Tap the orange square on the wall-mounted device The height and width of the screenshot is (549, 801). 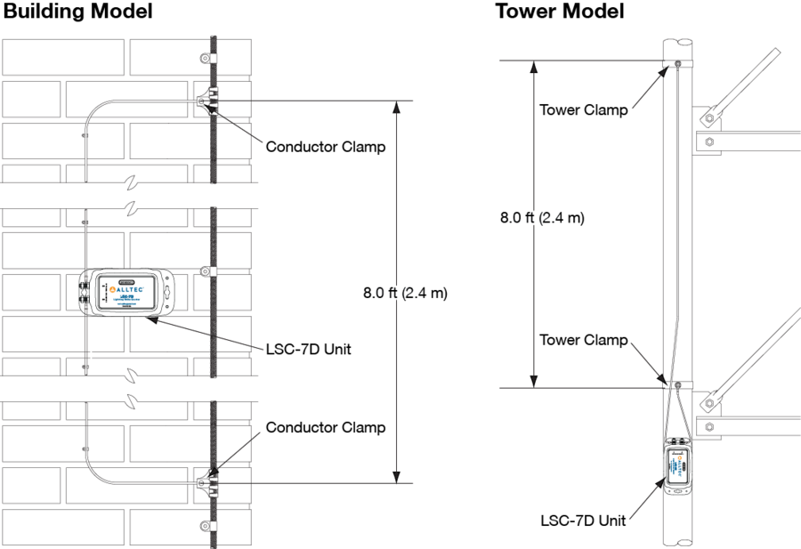[x=112, y=289]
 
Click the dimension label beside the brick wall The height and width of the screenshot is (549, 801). [x=395, y=294]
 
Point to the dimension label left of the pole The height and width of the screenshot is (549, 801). [x=534, y=218]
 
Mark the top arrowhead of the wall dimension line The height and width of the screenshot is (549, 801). [x=396, y=106]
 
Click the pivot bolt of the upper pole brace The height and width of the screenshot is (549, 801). [x=707, y=117]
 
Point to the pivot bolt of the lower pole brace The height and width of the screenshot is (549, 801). [x=707, y=404]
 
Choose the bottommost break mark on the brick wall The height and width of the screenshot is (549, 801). [x=132, y=400]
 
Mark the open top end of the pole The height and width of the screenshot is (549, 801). [x=677, y=42]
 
